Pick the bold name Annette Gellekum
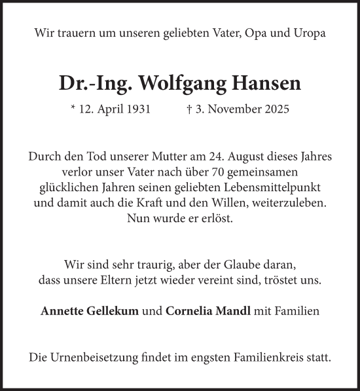click(x=90, y=311)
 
